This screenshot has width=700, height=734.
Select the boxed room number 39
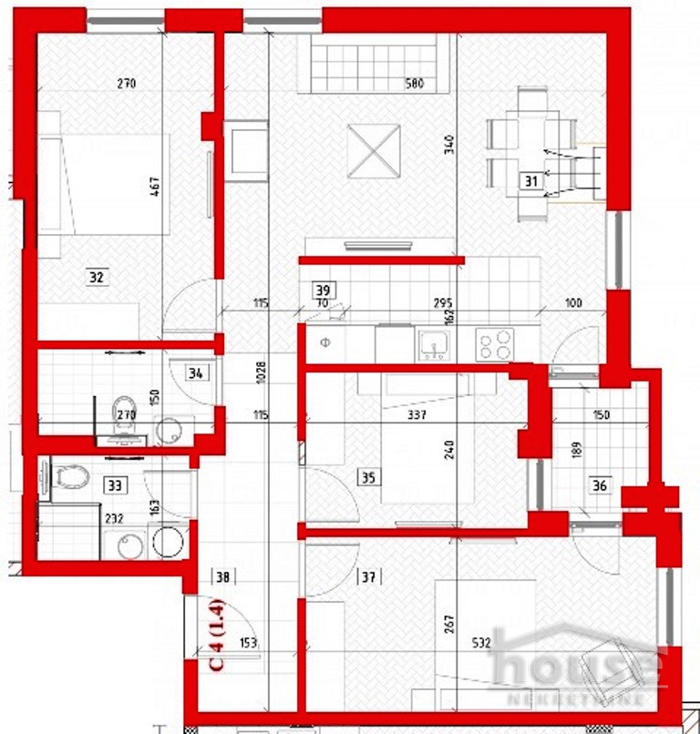click(322, 290)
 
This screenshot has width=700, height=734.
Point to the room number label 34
click(194, 372)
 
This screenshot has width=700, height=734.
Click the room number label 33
click(114, 484)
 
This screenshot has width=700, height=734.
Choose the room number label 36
click(599, 485)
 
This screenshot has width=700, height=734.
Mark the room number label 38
click(223, 576)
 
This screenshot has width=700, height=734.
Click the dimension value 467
click(180, 188)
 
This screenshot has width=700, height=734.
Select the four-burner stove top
click(496, 343)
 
